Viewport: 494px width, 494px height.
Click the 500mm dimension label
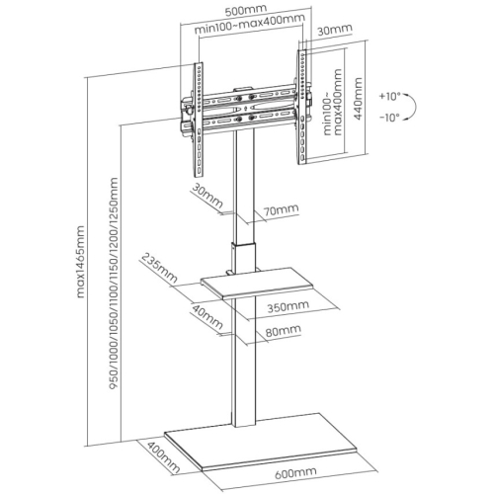(246, 10)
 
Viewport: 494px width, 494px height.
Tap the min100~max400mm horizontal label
(249, 24)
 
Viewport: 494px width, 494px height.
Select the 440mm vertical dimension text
(358, 98)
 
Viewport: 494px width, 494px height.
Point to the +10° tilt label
(389, 97)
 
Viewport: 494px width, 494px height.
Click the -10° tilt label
(389, 118)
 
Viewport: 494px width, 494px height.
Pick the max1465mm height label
(80, 262)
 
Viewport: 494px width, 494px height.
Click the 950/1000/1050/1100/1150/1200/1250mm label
(114, 284)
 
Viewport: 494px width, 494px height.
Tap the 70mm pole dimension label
(282, 209)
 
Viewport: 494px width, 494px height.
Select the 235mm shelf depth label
(159, 268)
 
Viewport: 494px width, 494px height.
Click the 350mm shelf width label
(288, 306)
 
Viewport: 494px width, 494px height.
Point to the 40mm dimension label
(207, 317)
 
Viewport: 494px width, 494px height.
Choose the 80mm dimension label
(284, 331)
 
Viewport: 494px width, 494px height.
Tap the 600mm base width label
(295, 473)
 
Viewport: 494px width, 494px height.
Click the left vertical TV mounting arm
(199, 120)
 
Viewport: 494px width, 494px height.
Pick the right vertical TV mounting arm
(302, 107)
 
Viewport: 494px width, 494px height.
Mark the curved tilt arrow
(412, 107)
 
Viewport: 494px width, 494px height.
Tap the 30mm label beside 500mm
(335, 30)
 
